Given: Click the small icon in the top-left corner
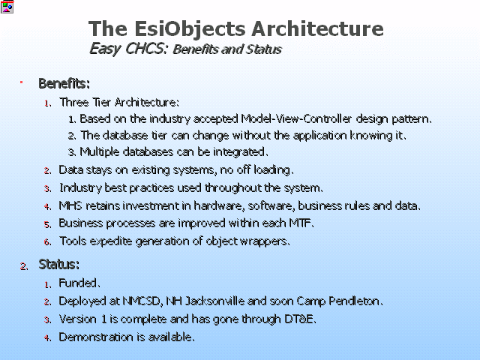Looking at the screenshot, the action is (7, 7).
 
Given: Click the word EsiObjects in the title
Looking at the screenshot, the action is (190, 28).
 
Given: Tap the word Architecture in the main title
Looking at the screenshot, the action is (317, 28).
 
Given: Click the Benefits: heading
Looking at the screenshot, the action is (64, 83).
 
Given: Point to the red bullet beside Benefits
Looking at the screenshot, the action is (22, 82).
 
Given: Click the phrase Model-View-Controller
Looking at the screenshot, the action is (296, 118).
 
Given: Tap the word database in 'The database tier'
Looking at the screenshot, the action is (125, 135).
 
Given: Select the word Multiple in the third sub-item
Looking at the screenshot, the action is (100, 151).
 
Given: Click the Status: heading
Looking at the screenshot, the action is (59, 264).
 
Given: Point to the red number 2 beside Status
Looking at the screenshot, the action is (24, 267).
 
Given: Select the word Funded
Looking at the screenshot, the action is (79, 283).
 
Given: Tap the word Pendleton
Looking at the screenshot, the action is (355, 301).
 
